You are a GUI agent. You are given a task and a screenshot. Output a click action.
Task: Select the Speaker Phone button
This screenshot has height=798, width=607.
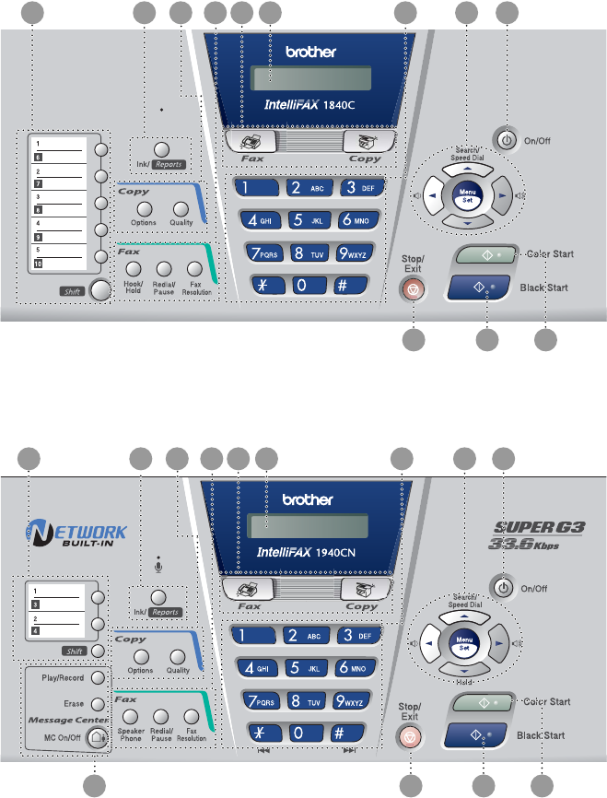(130, 715)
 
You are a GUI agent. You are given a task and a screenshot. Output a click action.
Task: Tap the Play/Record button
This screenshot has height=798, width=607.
(98, 677)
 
